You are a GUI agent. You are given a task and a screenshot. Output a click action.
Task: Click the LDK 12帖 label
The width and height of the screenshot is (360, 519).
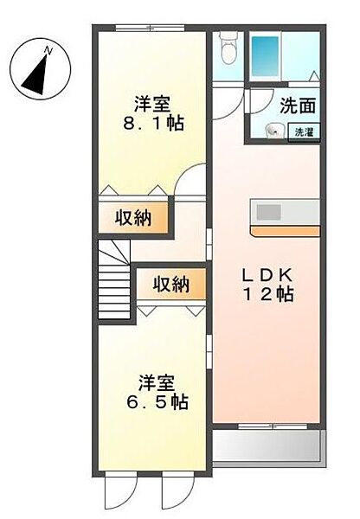click(x=267, y=285)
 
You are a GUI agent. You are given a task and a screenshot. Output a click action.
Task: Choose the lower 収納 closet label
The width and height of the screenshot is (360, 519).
click(x=170, y=284)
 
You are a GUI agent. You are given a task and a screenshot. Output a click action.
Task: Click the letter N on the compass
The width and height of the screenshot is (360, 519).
click(x=50, y=51)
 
